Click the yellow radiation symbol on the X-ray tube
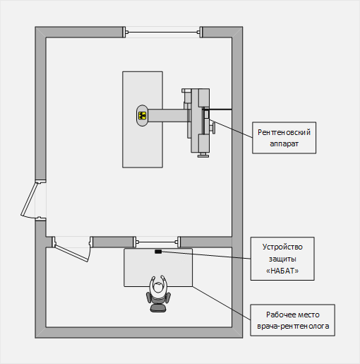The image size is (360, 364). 142,115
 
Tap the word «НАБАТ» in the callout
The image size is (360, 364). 282,271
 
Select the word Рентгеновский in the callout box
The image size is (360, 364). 284,132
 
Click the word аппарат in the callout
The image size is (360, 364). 284,143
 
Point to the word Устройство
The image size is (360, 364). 282,247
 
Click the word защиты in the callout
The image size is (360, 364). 282,259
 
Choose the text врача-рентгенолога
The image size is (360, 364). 293,326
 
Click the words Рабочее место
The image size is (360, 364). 293,315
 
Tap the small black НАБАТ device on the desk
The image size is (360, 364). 158,252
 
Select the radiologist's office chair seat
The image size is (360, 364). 158,307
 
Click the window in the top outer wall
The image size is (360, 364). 162,32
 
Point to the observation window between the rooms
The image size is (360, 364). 157,242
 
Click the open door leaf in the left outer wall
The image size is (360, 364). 29,199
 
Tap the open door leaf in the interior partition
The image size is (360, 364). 71,253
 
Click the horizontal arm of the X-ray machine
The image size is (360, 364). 167,115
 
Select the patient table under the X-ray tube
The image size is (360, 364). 143,119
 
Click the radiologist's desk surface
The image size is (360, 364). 158,267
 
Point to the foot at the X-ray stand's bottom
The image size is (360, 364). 203,155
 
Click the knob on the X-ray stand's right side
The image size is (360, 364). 213,127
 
